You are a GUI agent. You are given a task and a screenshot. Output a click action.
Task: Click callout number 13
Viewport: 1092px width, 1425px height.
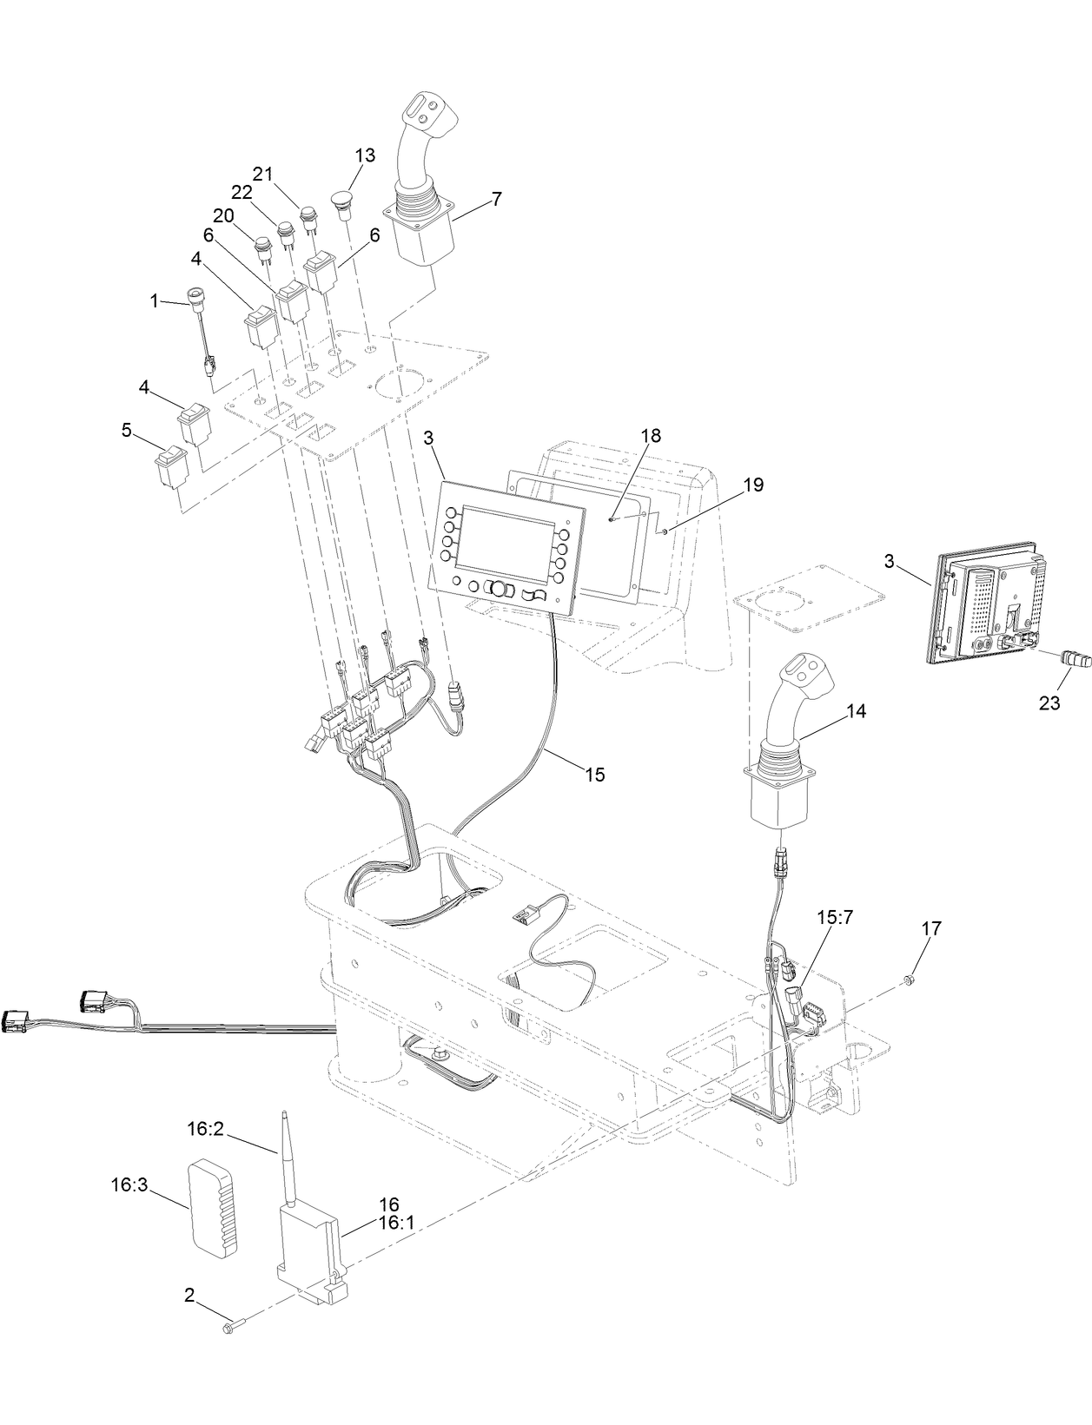tap(365, 155)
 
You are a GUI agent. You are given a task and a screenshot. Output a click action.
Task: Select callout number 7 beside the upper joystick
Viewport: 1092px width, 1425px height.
tap(495, 198)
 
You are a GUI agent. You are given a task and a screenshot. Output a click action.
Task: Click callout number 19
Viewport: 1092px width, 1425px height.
tap(753, 484)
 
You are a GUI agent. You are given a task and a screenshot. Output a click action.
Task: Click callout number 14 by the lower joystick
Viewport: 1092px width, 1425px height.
tap(856, 711)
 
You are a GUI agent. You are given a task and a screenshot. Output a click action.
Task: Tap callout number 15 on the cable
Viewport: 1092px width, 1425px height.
tap(594, 773)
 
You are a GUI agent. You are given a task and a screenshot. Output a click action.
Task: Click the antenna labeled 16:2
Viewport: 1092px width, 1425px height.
tap(286, 1155)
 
